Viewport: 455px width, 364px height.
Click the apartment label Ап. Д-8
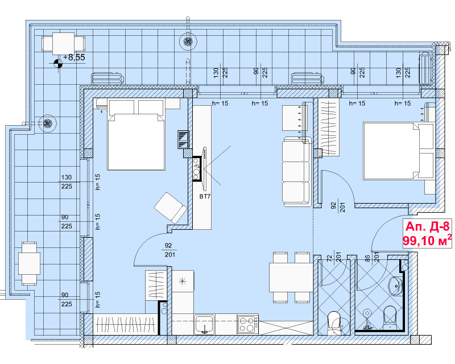pos(427,226)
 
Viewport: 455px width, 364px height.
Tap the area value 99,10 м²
pos(427,241)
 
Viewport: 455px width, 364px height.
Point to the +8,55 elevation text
pos(74,57)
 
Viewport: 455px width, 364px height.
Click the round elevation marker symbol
pos(58,63)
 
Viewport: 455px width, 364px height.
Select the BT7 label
pos(205,197)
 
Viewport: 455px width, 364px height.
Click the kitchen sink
pos(205,324)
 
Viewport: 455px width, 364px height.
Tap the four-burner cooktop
pos(247,324)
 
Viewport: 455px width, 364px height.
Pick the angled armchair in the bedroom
pos(170,208)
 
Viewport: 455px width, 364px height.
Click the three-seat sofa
pos(296,171)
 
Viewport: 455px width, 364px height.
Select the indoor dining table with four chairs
pos(291,277)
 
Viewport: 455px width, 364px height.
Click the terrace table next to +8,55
pos(63,44)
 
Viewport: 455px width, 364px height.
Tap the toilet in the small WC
pos(334,323)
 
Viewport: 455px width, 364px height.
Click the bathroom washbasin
pos(395,286)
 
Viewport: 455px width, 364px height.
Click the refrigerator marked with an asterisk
pos(183,281)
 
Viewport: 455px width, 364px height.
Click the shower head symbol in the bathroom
pos(367,313)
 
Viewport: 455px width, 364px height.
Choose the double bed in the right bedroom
pos(398,151)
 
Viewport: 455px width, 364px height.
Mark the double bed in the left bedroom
pos(136,135)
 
